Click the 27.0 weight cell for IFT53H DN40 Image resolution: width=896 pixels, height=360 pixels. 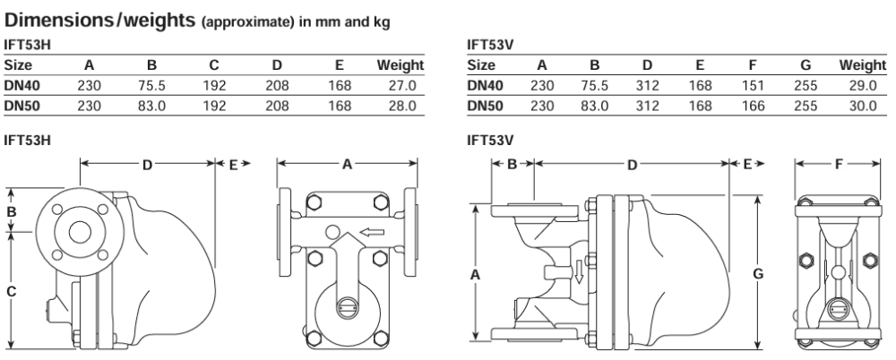(401, 86)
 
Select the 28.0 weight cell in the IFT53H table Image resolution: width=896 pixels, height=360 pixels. (401, 106)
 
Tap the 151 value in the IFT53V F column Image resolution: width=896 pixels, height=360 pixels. (753, 86)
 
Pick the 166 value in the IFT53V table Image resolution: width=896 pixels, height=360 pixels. (753, 106)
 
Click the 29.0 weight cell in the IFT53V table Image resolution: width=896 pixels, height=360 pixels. (863, 86)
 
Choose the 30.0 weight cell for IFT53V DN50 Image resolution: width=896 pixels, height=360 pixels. (863, 106)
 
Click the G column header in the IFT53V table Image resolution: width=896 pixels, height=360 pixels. (806, 65)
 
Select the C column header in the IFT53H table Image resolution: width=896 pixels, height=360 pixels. (214, 65)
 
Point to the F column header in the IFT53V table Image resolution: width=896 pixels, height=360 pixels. (753, 65)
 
